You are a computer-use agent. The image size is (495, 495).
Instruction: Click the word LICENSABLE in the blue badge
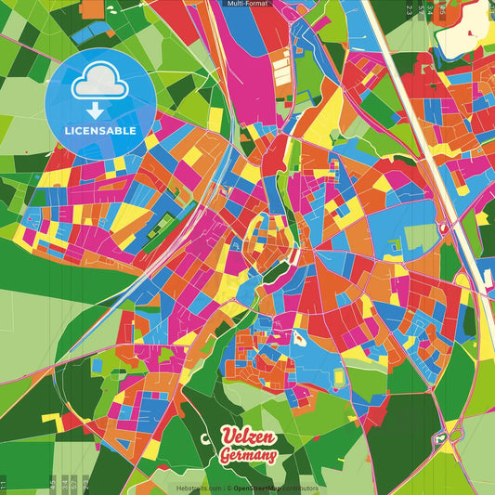(99, 131)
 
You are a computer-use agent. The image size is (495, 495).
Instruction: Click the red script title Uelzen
(249, 437)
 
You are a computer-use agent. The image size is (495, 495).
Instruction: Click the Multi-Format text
(248, 5)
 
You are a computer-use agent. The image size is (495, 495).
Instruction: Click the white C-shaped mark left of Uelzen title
(205, 439)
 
